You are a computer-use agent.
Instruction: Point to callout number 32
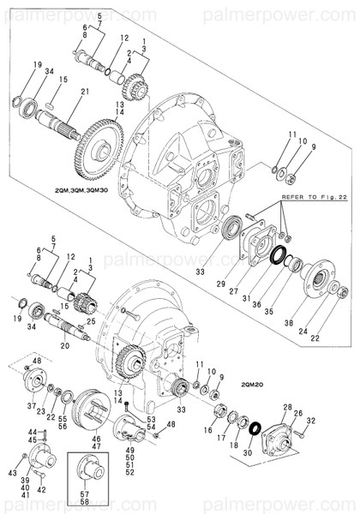(x=311, y=420)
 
